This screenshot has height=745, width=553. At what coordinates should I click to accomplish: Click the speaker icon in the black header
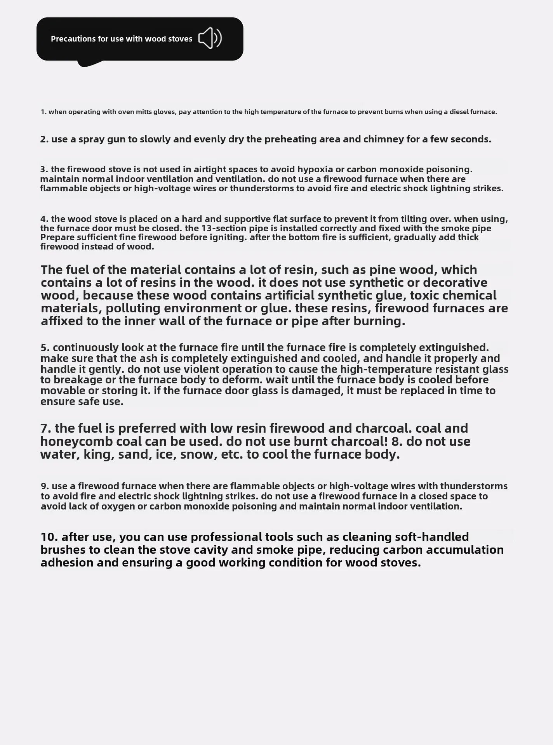(210, 38)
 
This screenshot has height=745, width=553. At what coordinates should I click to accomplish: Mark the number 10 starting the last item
(48, 537)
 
